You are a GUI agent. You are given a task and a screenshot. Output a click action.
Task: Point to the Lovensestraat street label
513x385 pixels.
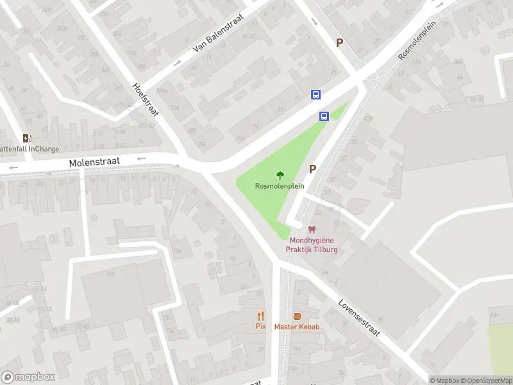359,319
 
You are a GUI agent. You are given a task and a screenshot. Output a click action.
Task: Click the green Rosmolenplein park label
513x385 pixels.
280,186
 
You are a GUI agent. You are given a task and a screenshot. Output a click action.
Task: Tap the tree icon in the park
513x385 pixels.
280,175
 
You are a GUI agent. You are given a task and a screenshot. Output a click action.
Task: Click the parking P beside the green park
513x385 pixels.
313,169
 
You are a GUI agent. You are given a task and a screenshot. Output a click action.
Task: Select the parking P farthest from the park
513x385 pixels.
340,42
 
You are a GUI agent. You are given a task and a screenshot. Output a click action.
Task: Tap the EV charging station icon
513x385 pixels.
27,138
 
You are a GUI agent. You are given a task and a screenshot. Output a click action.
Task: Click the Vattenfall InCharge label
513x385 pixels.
29,150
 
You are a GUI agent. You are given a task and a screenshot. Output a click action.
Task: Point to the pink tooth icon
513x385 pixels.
312,230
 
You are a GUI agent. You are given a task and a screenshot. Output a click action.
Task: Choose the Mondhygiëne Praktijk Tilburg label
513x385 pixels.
312,245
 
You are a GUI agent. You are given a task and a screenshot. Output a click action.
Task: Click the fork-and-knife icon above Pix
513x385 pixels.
260,316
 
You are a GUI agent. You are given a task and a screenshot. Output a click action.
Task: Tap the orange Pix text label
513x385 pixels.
260,327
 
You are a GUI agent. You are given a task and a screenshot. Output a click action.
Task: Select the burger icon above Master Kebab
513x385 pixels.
297,316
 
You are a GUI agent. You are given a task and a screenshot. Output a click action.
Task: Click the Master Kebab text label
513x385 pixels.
297,327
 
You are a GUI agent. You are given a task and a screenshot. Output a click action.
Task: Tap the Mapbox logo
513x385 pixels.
28,377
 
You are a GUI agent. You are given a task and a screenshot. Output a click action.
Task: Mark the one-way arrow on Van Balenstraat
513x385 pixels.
178,63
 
